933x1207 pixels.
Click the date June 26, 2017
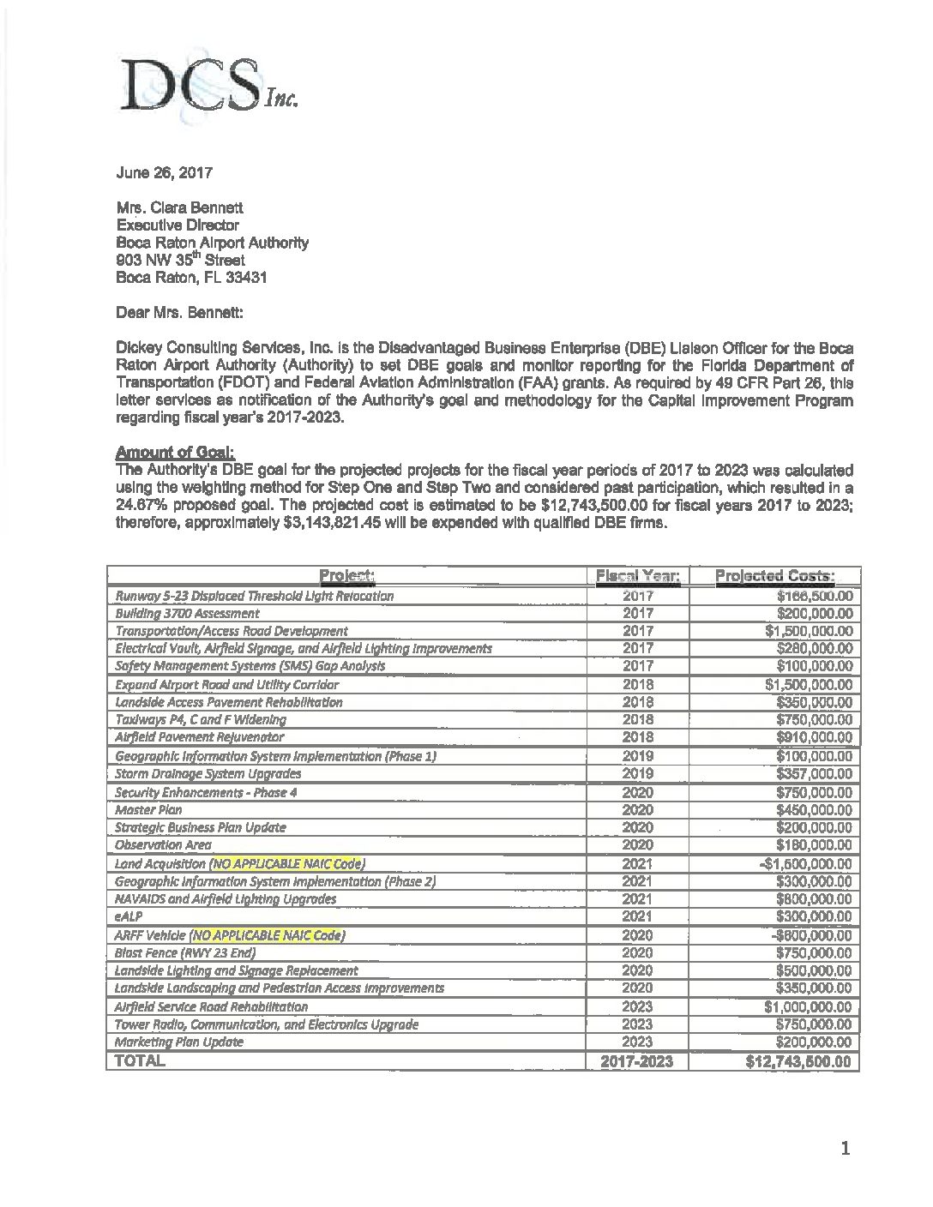coord(164,172)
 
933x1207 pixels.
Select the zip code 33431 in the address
coord(226,277)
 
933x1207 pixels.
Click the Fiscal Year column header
coord(637,576)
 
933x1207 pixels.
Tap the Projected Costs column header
coord(775,576)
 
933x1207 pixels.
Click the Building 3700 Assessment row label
coord(187,614)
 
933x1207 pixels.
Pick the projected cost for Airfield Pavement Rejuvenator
coord(814,737)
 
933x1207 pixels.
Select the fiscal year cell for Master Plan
coord(637,809)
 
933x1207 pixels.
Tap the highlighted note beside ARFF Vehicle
coord(269,935)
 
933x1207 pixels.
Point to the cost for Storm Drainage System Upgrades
coord(814,773)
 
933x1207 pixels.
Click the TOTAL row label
coord(141,1061)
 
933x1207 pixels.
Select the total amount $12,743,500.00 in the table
coord(799,1061)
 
